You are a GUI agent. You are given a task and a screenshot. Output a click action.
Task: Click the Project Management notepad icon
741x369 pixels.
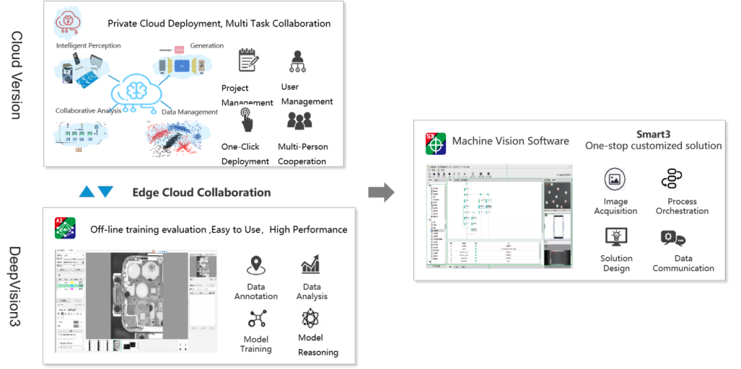248,60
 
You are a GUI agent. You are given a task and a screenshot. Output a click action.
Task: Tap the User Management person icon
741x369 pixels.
298,61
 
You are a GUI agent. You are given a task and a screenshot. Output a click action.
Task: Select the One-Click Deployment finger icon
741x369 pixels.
247,119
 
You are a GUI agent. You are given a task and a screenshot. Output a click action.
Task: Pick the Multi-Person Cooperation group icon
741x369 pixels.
300,120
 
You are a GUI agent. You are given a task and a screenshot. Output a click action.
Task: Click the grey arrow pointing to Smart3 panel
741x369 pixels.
381,192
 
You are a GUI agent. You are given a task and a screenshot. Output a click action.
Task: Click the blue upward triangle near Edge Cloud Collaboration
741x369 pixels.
87,192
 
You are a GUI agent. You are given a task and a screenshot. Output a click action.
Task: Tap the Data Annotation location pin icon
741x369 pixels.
256,265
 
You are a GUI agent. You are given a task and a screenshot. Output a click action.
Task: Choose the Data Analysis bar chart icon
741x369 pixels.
310,264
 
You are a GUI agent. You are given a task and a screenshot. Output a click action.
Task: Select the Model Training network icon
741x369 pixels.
256,318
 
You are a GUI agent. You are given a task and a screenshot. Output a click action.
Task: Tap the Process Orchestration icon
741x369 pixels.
671,179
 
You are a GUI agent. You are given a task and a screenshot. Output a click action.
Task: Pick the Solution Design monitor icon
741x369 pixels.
615,237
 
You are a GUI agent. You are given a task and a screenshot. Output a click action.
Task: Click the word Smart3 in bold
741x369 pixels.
653,134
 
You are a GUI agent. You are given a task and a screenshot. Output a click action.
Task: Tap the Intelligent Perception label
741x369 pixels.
89,46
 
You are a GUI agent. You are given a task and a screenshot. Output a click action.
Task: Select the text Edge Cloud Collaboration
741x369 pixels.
201,193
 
